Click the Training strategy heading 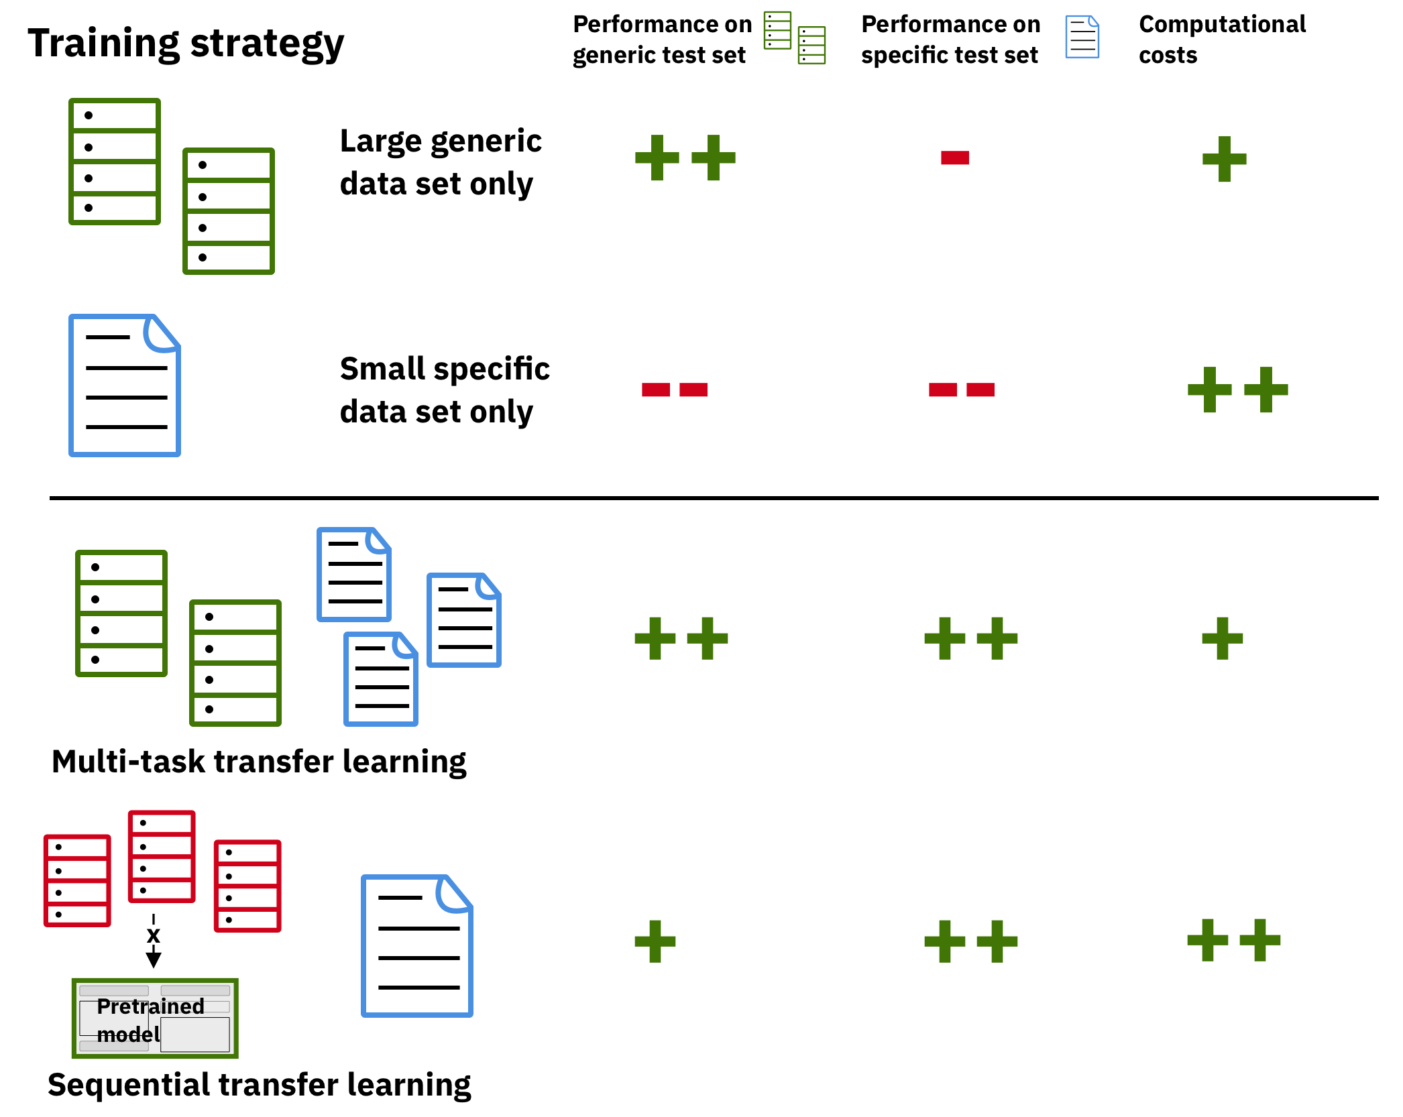click(x=186, y=44)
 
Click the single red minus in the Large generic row click(x=955, y=158)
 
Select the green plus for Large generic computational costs click(x=1225, y=159)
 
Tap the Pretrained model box click(x=155, y=1018)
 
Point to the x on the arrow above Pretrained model click(x=154, y=935)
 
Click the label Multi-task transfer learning click(x=259, y=762)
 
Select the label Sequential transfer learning click(x=260, y=1085)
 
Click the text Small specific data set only click(x=445, y=390)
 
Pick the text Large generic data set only click(x=441, y=162)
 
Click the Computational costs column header click(x=1222, y=40)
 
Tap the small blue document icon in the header click(x=1082, y=37)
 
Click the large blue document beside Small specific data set click(x=125, y=386)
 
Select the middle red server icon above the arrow click(x=162, y=857)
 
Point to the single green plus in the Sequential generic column click(x=655, y=941)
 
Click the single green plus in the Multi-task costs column click(x=1223, y=638)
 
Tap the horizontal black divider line click(x=714, y=498)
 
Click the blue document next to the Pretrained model click(x=417, y=946)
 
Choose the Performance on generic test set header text click(x=663, y=40)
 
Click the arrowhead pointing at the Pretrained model click(x=154, y=959)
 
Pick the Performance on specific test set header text click(x=951, y=40)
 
